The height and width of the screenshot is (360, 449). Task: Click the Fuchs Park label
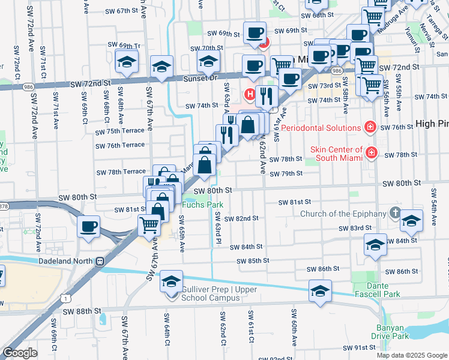pyautogui.click(x=203, y=205)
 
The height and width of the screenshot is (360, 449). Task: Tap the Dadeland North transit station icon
pyautogui.click(x=100, y=261)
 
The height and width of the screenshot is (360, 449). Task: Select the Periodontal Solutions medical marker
pyautogui.click(x=370, y=127)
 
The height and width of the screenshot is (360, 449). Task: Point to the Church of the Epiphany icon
pyautogui.click(x=394, y=213)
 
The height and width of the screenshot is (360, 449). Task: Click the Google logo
pyautogui.click(x=20, y=352)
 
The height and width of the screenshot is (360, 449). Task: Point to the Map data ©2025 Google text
pyautogui.click(x=411, y=355)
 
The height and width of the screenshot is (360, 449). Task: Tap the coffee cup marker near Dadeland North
pyautogui.click(x=89, y=227)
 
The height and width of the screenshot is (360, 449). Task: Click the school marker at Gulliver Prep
pyautogui.click(x=172, y=281)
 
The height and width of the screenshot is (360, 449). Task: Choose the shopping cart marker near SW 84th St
pyautogui.click(x=149, y=226)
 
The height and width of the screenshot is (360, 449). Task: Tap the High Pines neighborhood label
pyautogui.click(x=432, y=124)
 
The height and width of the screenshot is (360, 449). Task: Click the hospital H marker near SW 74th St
pyautogui.click(x=250, y=94)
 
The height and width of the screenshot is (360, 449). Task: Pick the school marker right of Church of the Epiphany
pyautogui.click(x=411, y=220)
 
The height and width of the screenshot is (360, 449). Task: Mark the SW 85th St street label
pyautogui.click(x=253, y=261)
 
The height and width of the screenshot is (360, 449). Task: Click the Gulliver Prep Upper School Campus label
pyautogui.click(x=219, y=294)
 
